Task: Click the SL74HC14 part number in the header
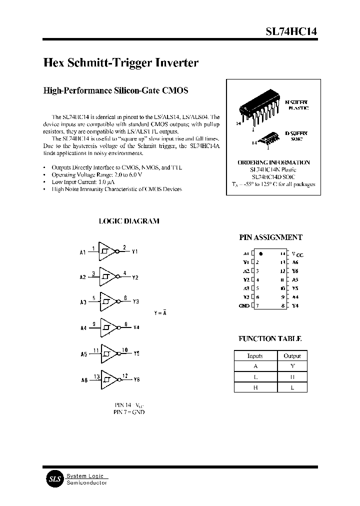[x=290, y=31]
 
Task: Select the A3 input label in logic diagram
[x=83, y=302]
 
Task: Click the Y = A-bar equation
[x=160, y=313]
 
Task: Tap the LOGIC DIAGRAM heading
[x=129, y=221]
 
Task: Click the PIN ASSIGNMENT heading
[x=271, y=237]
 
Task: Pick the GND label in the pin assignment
[x=244, y=305]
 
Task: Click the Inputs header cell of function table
[x=255, y=356]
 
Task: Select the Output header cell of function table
[x=292, y=356]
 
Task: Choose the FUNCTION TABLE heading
[x=270, y=338]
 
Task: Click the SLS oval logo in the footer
[x=53, y=478]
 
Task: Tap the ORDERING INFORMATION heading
[x=273, y=162]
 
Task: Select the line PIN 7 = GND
[x=129, y=412]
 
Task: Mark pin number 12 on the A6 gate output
[x=125, y=375]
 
